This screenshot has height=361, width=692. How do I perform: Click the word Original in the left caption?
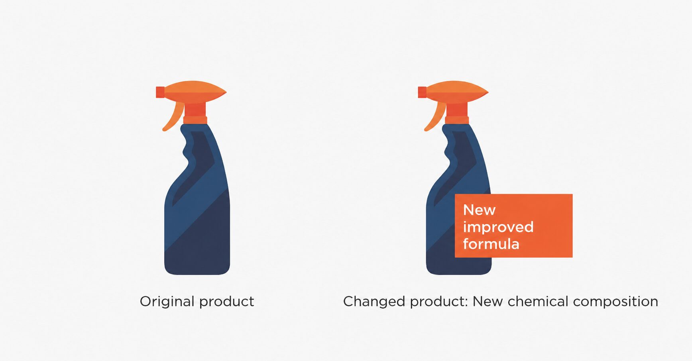click(167, 302)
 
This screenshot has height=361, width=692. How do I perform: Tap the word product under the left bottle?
click(226, 302)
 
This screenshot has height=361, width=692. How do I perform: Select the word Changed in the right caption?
click(374, 302)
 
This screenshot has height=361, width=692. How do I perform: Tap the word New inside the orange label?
click(479, 210)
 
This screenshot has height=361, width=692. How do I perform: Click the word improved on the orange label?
click(498, 227)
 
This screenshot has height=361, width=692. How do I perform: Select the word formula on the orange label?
click(491, 243)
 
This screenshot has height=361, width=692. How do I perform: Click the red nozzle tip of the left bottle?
click(160, 92)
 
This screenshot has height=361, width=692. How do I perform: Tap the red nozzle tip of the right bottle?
click(422, 92)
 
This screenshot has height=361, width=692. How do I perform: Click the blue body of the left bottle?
click(197, 215)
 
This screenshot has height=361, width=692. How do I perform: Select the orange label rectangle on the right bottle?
click(513, 226)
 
